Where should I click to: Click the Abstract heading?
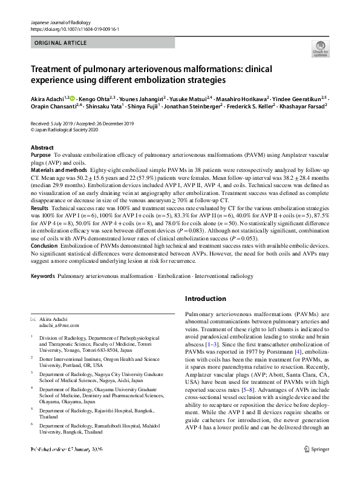click(42, 148)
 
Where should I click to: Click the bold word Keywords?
click(42, 276)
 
